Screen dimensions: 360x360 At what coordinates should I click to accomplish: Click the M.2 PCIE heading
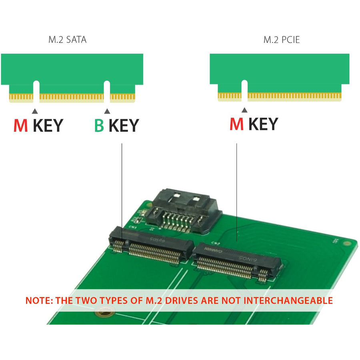click(282, 40)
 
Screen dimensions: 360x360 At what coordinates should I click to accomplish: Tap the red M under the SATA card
click(21, 125)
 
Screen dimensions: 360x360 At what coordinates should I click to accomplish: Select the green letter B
click(99, 125)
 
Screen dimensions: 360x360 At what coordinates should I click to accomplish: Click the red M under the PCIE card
click(236, 124)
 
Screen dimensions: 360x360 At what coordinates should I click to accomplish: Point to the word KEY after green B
click(124, 125)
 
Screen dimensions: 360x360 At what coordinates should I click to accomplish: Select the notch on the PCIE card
click(244, 90)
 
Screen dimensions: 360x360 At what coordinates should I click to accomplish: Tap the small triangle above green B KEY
click(107, 111)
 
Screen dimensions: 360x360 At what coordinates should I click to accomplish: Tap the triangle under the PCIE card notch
click(244, 110)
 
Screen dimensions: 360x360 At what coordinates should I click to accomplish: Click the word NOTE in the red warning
click(39, 300)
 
